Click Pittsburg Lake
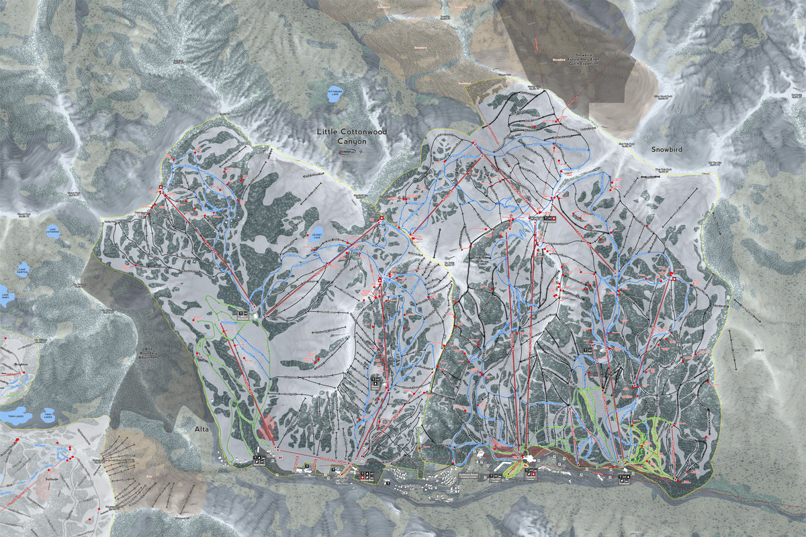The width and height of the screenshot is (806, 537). click(334, 94)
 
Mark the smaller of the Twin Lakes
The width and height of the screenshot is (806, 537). click(48, 416)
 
